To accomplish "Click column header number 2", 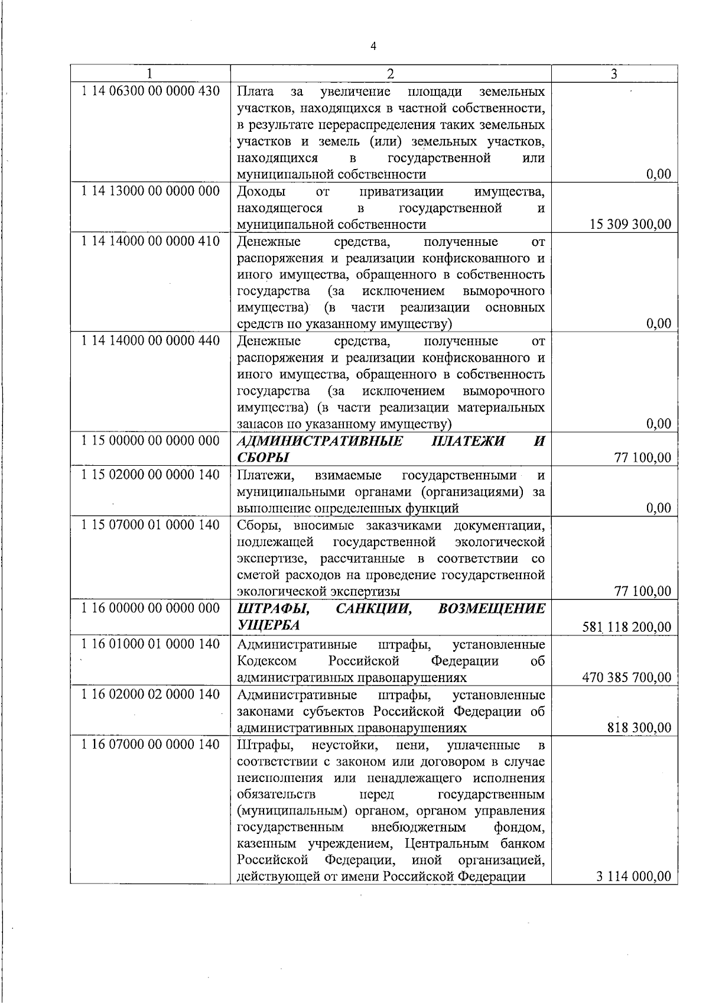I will pos(390,74).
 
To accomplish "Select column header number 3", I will pos(614,74).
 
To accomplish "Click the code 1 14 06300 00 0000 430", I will pos(151,91).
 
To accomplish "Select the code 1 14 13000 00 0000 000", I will pos(151,191).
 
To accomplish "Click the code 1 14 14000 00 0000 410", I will pos(151,241).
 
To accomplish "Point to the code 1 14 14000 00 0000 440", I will pos(151,340).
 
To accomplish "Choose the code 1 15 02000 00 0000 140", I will pos(151,474).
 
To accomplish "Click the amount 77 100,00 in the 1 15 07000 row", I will pos(643,591).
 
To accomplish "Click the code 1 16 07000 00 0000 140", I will pos(151,744).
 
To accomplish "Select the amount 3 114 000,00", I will pos(634,877).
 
